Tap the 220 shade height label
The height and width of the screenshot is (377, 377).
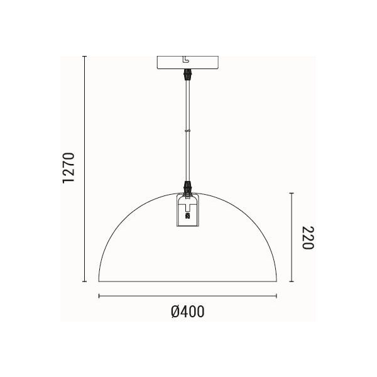(307, 238)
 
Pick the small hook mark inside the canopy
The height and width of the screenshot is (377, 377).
(185, 60)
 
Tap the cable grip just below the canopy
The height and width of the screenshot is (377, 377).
(187, 75)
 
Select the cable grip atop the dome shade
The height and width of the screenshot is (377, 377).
(187, 187)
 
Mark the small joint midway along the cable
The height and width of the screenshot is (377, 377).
(187, 131)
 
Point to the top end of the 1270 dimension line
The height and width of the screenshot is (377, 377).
(85, 56)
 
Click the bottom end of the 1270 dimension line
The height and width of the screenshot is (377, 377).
(85, 281)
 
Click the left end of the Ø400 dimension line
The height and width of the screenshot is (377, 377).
(99, 295)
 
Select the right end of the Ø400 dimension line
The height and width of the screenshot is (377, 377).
(276, 295)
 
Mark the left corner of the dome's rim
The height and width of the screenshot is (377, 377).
(99, 281)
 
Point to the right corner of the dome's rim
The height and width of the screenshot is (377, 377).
(276, 281)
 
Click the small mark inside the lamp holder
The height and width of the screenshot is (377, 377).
(187, 214)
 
